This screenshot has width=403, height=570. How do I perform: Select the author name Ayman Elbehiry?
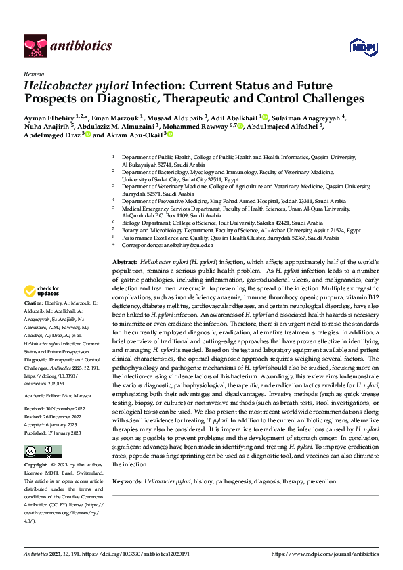(48, 116)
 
